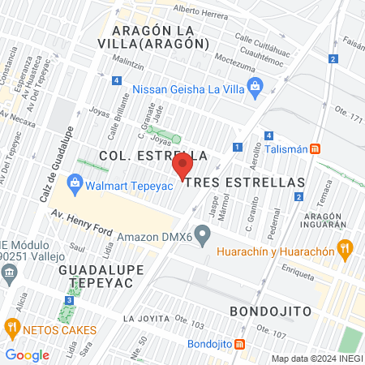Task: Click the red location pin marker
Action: pos(182,167)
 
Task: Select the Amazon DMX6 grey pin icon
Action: pos(204,237)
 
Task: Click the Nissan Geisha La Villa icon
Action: pos(256,86)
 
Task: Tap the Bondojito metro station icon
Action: pos(239,344)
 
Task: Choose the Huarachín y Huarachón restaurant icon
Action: pos(345,248)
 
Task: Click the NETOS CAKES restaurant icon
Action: pos(12,328)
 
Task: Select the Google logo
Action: pos(28,354)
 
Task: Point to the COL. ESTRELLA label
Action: pos(152,155)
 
